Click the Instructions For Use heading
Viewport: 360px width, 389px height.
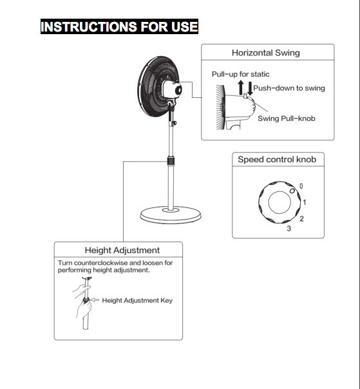119,26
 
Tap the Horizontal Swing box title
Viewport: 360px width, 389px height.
266,53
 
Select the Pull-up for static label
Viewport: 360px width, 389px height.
240,74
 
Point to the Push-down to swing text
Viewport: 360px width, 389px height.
289,88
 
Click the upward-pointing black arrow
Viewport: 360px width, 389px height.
241,88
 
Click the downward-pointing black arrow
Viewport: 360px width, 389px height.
250,88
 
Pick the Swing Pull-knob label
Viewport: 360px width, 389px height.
287,119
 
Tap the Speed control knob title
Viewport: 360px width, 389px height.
277,159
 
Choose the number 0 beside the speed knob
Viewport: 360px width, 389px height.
301,186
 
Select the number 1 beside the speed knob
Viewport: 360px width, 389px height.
305,202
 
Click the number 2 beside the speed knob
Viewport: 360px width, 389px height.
301,218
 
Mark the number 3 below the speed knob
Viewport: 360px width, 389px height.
289,229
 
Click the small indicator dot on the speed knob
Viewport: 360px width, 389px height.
292,191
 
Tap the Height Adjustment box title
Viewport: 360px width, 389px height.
122,250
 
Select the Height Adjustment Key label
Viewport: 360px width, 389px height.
137,300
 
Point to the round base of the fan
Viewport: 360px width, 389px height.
171,215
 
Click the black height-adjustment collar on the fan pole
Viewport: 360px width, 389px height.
171,161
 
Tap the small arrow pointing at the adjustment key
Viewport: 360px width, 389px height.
95,300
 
